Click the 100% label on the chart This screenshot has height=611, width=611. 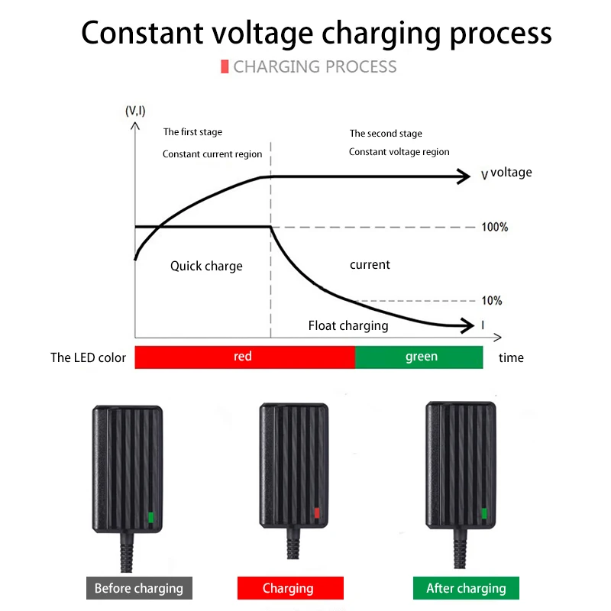coord(495,228)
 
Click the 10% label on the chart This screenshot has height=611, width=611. coord(492,301)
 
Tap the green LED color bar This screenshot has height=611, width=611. coord(419,357)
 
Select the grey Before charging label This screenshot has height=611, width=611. coord(138,588)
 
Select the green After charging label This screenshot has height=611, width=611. coord(466,588)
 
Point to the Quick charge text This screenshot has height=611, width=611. coord(206,267)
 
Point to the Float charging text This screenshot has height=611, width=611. coord(348,326)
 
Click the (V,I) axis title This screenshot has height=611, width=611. coord(135,112)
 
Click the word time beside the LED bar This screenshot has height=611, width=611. coord(511,357)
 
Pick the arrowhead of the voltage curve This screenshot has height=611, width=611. coord(464,176)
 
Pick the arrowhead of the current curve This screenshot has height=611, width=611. coord(467,325)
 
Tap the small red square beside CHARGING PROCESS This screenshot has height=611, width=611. coord(225,66)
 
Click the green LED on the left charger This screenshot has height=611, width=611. coord(151,518)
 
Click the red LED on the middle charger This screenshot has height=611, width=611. coord(317,513)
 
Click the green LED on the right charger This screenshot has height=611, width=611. coord(483,513)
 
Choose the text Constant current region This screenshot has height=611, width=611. coord(212,154)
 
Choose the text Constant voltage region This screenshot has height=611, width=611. coord(399,152)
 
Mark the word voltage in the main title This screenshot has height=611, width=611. coord(262,34)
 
